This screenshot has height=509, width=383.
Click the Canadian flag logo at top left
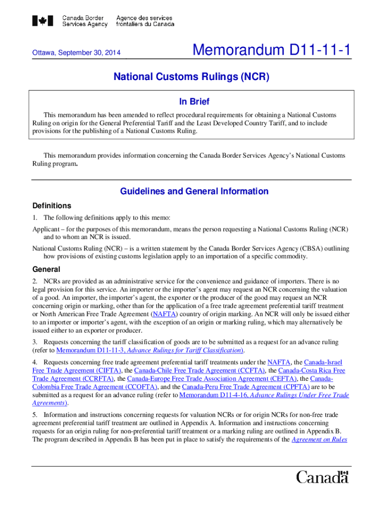click(x=43, y=21)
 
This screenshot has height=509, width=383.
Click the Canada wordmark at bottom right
click(x=322, y=477)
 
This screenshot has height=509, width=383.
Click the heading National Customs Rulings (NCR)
click(x=191, y=78)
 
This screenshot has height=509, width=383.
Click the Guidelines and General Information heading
click(x=194, y=191)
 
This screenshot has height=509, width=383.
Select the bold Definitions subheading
click(x=52, y=206)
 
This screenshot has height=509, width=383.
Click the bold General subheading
click(x=46, y=269)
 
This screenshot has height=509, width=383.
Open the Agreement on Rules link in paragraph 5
click(x=319, y=439)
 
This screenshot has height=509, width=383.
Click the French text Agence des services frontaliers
click(x=145, y=21)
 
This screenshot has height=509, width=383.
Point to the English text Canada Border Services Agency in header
click(x=85, y=21)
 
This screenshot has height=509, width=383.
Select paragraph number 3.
click(x=34, y=342)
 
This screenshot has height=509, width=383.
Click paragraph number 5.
click(x=34, y=415)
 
